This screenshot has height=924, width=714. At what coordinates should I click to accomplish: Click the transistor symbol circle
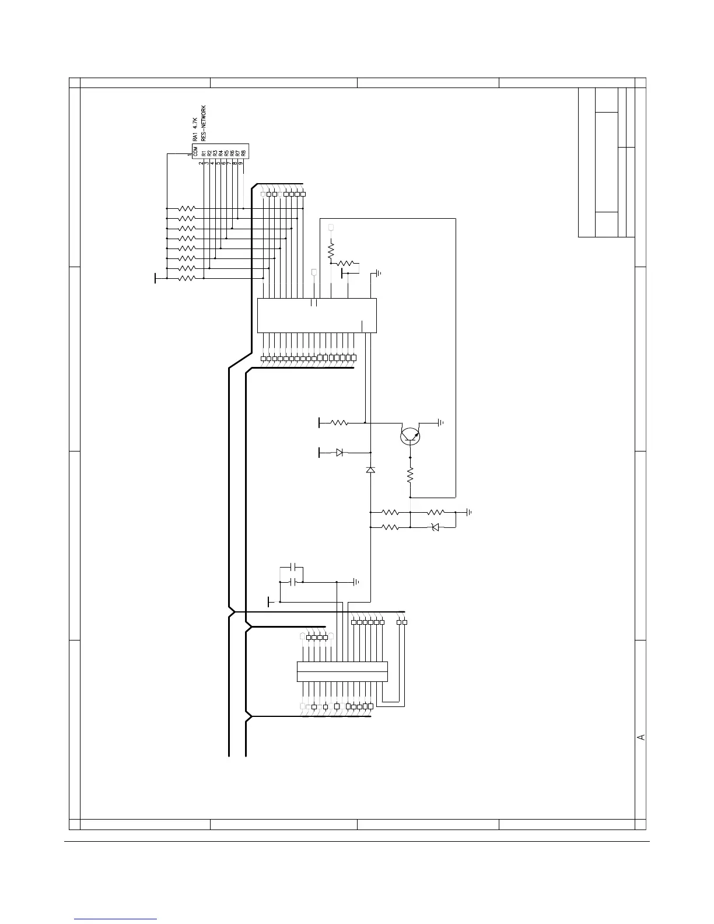click(x=411, y=436)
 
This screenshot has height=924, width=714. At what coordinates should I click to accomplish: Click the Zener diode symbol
click(x=434, y=527)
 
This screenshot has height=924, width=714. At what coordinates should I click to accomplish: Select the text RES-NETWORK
click(x=204, y=124)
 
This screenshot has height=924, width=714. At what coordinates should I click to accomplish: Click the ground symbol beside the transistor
click(x=442, y=422)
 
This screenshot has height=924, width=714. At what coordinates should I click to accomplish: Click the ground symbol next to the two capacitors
click(x=356, y=582)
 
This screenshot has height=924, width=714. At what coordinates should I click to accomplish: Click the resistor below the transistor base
click(x=410, y=474)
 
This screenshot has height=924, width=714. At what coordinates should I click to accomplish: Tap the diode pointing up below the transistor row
click(x=370, y=470)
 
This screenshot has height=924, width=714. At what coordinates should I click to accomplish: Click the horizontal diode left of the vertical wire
click(x=339, y=452)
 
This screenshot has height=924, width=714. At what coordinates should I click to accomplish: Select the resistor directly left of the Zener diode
click(x=390, y=527)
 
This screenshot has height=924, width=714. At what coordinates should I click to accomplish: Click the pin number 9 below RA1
click(x=241, y=164)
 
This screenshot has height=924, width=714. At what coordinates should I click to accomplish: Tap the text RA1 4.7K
click(x=195, y=128)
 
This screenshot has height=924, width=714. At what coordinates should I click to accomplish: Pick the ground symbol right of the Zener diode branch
click(x=468, y=513)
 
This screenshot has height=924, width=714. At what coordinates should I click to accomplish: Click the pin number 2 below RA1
click(x=201, y=164)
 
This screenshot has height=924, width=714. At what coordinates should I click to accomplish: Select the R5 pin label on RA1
click(x=226, y=153)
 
